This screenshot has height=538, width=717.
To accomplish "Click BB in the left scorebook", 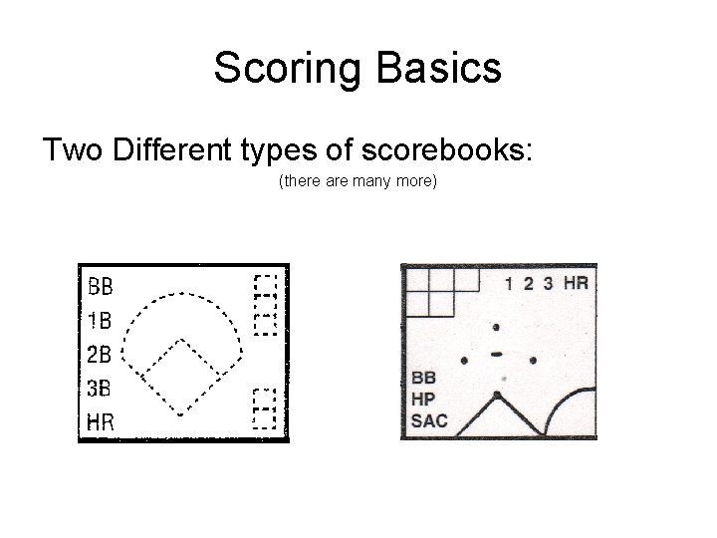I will pyautogui.click(x=100, y=287).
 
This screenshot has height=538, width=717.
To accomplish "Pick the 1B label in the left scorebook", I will pyautogui.click(x=100, y=320).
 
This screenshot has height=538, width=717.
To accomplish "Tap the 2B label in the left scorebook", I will pyautogui.click(x=100, y=354).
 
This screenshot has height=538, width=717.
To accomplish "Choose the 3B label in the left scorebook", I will pyautogui.click(x=100, y=388).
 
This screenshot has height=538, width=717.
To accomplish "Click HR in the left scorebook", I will pyautogui.click(x=100, y=421).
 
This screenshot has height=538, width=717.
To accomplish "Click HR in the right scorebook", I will pyautogui.click(x=576, y=283).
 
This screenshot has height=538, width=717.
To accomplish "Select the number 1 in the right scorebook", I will pyautogui.click(x=510, y=283).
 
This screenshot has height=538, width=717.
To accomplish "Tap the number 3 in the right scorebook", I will pyautogui.click(x=547, y=283).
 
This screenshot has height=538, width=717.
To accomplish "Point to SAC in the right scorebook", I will pyautogui.click(x=430, y=420).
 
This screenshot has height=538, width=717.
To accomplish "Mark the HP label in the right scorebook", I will pyautogui.click(x=424, y=400).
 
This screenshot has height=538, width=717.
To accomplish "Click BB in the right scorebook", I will pyautogui.click(x=423, y=379).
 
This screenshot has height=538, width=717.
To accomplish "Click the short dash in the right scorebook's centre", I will pyautogui.click(x=496, y=354).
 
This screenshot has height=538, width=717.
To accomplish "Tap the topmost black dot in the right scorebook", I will pyautogui.click(x=496, y=327).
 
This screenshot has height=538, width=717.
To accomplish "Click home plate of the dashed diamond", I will pyautogui.click(x=179, y=411).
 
